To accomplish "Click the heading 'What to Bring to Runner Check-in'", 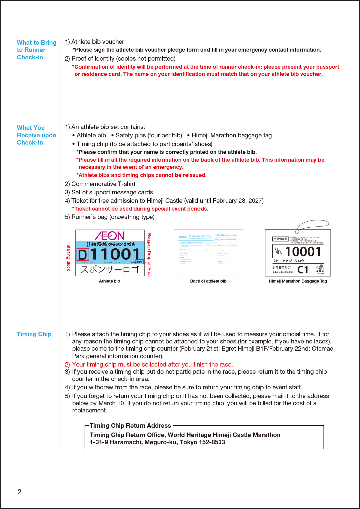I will [36, 50].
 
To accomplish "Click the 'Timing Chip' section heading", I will [34, 334].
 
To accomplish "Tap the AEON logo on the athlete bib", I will [110, 235].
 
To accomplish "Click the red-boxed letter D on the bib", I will [83, 255].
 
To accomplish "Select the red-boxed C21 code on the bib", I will [139, 262].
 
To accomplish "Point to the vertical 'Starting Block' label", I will [68, 258].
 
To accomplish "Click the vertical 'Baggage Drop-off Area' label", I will [149, 255].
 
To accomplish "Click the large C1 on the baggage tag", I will [303, 270].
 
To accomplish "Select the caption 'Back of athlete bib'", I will [208, 281].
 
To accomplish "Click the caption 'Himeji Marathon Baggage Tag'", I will [298, 281].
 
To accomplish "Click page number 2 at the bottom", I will [19, 492].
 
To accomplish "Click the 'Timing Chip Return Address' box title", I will [130, 426].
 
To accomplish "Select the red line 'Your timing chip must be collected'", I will [152, 364].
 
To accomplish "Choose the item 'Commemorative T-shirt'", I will [103, 184].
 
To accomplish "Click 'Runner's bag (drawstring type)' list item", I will [113, 217].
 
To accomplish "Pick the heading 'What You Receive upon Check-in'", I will [36, 135].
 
